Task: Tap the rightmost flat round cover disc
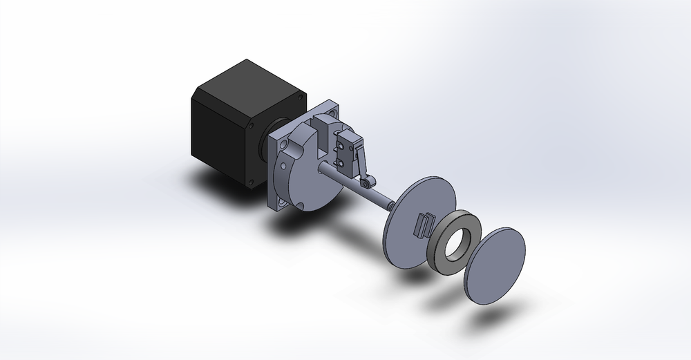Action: coord(494,263)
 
